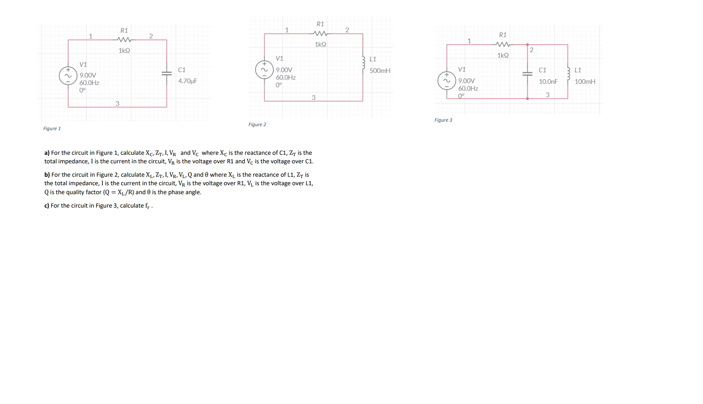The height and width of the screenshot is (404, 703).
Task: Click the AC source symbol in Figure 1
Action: click(x=68, y=76)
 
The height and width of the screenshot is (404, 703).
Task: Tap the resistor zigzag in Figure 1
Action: click(x=124, y=40)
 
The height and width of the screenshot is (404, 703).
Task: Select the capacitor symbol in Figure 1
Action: click(x=167, y=74)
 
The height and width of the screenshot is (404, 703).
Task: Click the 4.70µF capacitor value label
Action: click(x=188, y=81)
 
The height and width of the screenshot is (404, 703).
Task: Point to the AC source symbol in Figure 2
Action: click(x=264, y=70)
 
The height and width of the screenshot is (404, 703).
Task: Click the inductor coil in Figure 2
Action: click(x=363, y=63)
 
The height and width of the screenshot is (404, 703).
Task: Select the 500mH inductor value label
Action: click(x=380, y=71)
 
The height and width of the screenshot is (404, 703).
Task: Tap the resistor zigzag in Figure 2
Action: click(x=320, y=34)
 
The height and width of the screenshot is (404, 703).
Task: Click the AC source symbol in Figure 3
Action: click(x=446, y=81)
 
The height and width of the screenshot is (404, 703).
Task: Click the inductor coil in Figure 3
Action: click(x=568, y=74)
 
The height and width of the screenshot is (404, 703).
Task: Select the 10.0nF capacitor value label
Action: click(x=548, y=81)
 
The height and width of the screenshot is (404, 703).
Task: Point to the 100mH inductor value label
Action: click(x=585, y=81)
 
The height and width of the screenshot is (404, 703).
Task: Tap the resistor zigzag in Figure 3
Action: click(x=503, y=44)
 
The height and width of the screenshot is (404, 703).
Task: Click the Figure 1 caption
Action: click(x=52, y=128)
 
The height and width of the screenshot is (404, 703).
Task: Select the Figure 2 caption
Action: click(x=257, y=124)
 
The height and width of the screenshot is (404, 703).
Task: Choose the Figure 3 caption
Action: click(x=443, y=120)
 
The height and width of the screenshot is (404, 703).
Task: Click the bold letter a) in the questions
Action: click(x=47, y=153)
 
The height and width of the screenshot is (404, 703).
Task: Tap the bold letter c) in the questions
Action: click(x=46, y=206)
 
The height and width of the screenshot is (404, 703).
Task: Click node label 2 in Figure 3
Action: click(x=531, y=50)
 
